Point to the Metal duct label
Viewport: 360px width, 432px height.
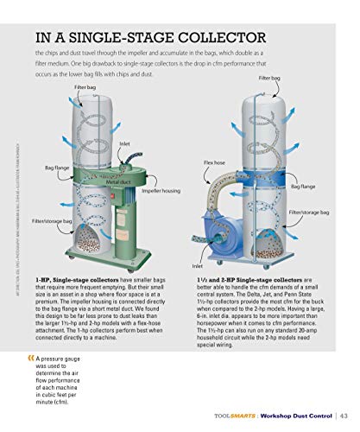point(118,182)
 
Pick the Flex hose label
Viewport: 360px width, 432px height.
point(214,162)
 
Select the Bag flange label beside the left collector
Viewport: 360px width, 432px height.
point(58,166)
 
